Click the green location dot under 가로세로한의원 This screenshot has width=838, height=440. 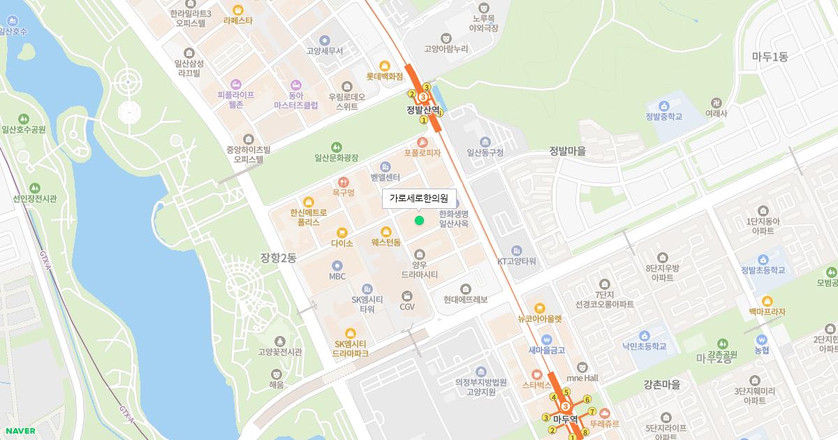pos(419,221)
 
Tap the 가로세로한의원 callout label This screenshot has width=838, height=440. pos(418,198)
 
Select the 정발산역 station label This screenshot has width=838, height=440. pos(424,110)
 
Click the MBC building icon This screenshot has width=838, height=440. pos(337,265)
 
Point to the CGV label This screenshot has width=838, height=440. pos(407,307)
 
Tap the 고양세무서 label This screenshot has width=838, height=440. pos(324,51)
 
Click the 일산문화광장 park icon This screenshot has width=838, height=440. pos(337,147)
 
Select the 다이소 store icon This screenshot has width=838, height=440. pos(341,233)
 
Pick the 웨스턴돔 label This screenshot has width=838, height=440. pos(386,243)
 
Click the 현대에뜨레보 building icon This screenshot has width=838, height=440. pos(466,289)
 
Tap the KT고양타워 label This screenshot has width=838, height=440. pos(516,261)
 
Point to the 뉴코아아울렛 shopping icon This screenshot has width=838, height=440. pos(539,308)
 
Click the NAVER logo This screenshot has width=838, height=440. pos(20,431)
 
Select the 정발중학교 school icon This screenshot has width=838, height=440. pos(663,105)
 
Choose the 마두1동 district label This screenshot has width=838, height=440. pos(770,57)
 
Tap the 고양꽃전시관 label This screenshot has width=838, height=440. pos(280,352)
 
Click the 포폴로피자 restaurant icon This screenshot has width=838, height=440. pos(422,142)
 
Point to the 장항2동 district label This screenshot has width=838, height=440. pos(278,258)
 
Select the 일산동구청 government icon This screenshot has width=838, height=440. pos(485,142)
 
